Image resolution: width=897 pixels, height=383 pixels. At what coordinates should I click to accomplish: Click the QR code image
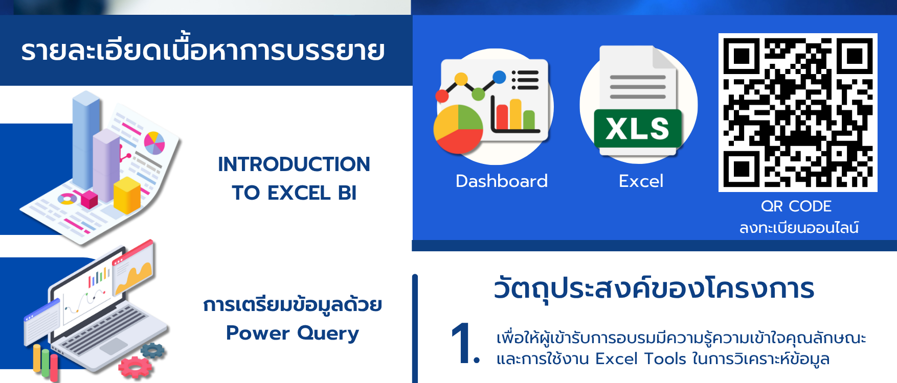pyautogui.click(x=798, y=113)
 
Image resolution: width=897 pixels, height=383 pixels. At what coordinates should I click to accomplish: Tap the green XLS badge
pyautogui.click(x=638, y=129)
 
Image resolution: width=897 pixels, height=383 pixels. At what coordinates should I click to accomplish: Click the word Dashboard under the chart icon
pyautogui.click(x=502, y=181)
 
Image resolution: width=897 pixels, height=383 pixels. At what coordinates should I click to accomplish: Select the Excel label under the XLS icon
pyautogui.click(x=641, y=181)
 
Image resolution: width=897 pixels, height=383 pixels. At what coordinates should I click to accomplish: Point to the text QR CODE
pyautogui.click(x=796, y=206)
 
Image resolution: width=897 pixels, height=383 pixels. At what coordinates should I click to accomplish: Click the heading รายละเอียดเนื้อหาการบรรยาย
pyautogui.click(x=203, y=50)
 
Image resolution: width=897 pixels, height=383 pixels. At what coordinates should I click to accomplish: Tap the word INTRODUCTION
pyautogui.click(x=294, y=164)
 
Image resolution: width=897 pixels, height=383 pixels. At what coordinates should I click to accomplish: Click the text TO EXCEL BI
pyautogui.click(x=294, y=193)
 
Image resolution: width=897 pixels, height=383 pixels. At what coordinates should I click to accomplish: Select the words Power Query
pyautogui.click(x=293, y=333)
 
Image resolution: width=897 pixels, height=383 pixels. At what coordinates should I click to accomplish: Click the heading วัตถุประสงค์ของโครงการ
pyautogui.click(x=654, y=289)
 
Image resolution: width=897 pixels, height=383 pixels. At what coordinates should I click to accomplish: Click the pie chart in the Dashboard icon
pyautogui.click(x=458, y=129)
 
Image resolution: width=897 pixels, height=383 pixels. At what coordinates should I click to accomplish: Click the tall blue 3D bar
pyautogui.click(x=86, y=140)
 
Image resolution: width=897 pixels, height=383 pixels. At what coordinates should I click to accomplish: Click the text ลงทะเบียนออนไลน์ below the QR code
pyautogui.click(x=799, y=227)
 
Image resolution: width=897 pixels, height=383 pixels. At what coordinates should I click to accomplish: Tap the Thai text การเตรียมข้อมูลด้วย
pyautogui.click(x=293, y=304)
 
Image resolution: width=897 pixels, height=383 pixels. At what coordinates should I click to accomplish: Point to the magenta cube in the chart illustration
pyautogui.click(x=89, y=199)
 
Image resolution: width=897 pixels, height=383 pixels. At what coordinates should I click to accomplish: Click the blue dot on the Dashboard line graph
pyautogui.click(x=500, y=77)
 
